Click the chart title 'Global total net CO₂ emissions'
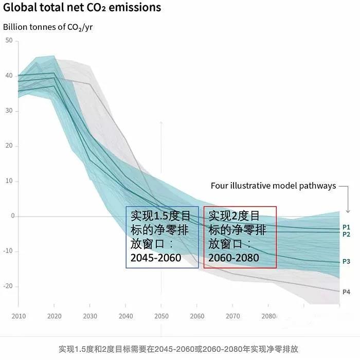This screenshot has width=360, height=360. click(x=82, y=8)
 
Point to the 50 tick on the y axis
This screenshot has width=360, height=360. click(x=9, y=41)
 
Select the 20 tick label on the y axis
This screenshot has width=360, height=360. click(x=9, y=146)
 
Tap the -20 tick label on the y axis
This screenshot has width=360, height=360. click(x=8, y=286)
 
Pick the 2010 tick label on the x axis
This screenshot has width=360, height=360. click(x=19, y=316)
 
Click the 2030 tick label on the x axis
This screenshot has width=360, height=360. click(x=90, y=316)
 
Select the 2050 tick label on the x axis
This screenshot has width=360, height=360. click(x=161, y=316)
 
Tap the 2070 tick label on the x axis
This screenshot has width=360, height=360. click(x=232, y=316)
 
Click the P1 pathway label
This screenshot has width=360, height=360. click(x=346, y=227)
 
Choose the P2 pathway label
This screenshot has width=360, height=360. click(x=346, y=234)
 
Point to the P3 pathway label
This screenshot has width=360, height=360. click(x=346, y=262)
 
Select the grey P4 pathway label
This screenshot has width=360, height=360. click(x=346, y=292)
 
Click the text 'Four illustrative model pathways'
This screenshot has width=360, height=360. click(x=273, y=186)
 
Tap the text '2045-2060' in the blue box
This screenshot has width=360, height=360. click(x=156, y=257)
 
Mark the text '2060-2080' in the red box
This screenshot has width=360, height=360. click(x=233, y=257)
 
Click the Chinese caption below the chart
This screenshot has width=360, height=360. click(x=178, y=349)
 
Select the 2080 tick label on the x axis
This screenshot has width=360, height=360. click(x=268, y=316)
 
